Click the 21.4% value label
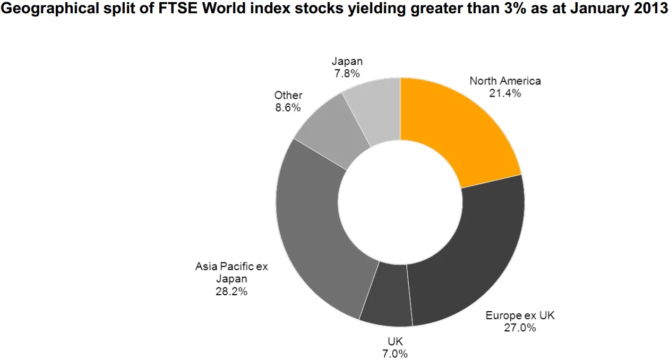[x=505, y=93]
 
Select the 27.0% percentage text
[x=520, y=328]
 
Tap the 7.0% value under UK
[x=395, y=354]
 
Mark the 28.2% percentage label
[x=231, y=292]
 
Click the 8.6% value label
[x=288, y=108]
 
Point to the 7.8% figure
[x=347, y=73]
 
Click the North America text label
[x=505, y=81]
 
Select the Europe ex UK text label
[x=520, y=315]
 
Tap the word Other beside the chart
[x=288, y=95]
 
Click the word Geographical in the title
[x=50, y=9]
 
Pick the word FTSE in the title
[x=178, y=8]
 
